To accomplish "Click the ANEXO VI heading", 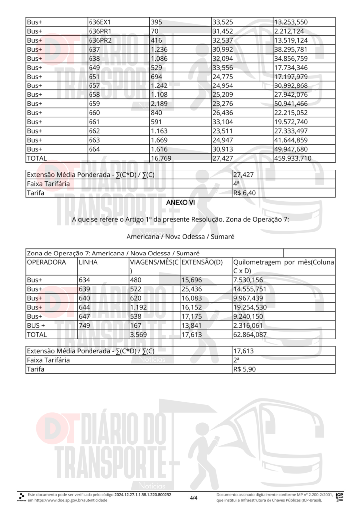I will pos(180,203).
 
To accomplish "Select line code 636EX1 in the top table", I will pos(99,22).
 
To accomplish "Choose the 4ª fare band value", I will pos(237,184).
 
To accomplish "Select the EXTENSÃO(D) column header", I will pos(201,262).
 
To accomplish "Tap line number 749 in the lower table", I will pos(86,325).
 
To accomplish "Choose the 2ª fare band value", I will pos(237,360).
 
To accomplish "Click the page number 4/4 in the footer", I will pos(193,497).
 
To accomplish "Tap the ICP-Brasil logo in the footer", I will pos(340,496).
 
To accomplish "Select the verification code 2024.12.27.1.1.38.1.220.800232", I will pos(143,495).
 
